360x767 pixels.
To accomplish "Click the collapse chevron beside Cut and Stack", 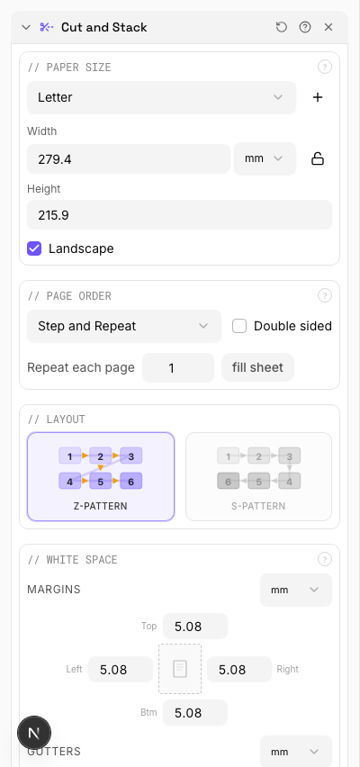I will tap(26, 27).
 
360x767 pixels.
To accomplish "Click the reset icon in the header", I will tap(282, 27).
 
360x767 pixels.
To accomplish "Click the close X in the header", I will tap(328, 27).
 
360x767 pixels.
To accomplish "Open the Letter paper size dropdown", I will tap(161, 97).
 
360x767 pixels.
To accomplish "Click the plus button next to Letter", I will tap(318, 97).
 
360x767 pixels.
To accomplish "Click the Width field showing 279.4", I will tap(129, 158).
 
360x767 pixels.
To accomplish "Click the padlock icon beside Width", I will tap(318, 158).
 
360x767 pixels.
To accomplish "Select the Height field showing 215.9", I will tap(179, 215).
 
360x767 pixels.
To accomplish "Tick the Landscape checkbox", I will tap(34, 248).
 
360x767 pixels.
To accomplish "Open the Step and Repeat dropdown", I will tap(123, 326).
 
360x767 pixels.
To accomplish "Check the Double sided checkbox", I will tap(239, 326).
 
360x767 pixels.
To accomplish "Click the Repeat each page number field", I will tap(178, 367).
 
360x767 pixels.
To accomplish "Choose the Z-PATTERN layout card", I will tap(101, 476).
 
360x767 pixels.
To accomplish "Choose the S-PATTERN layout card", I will tap(258, 476).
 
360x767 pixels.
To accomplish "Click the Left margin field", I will tap(121, 670).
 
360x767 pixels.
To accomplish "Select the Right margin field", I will tap(239, 670).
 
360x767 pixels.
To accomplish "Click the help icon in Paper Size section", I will tap(325, 67).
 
